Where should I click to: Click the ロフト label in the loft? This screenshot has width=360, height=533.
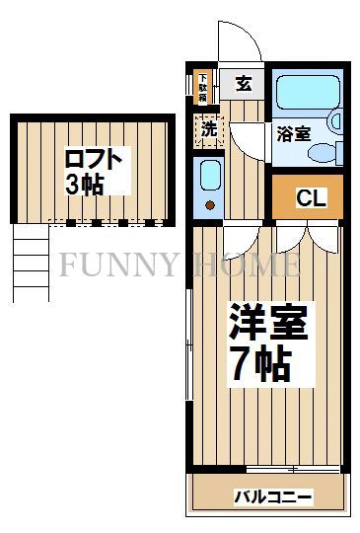coord(95,159)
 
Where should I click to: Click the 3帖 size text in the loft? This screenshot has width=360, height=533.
coord(84,185)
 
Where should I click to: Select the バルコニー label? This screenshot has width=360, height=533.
coord(272,496)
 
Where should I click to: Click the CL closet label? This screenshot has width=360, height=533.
coord(311,198)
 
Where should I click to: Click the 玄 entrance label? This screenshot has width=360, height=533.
coord(244,84)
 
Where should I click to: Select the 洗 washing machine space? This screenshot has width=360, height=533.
coord(210,128)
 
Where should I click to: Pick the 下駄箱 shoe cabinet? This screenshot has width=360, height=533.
coord(202,86)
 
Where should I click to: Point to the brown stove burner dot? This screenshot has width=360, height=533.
coord(210,205)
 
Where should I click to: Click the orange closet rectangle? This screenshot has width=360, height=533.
coord(308,197)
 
